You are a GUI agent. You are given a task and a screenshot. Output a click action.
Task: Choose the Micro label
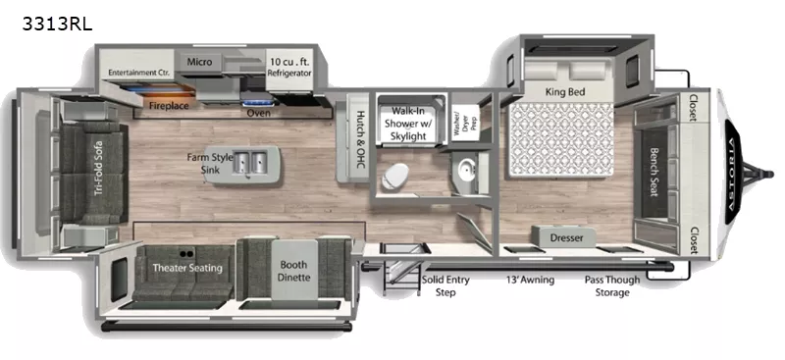tap(199, 62)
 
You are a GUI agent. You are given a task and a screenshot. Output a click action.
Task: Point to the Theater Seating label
tap(186, 268)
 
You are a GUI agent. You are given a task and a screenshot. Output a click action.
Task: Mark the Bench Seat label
tap(654, 171)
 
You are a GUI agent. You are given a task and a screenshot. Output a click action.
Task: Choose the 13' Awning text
tap(530, 280)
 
